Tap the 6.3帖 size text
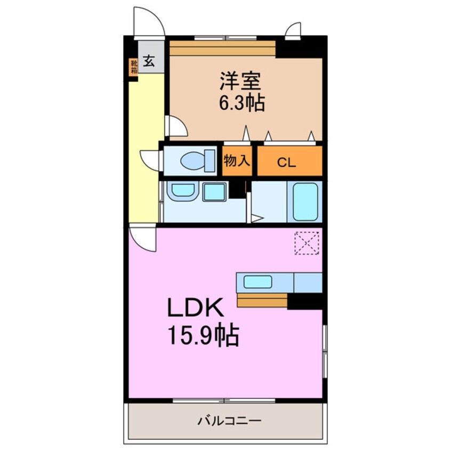[241, 102]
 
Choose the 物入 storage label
[237, 161]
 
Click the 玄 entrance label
[149, 60]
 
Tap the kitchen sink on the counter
[258, 281]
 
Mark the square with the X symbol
[307, 243]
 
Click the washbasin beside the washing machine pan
[183, 191]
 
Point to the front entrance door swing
[148, 22]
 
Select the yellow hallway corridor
[145, 144]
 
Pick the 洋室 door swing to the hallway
[176, 127]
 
